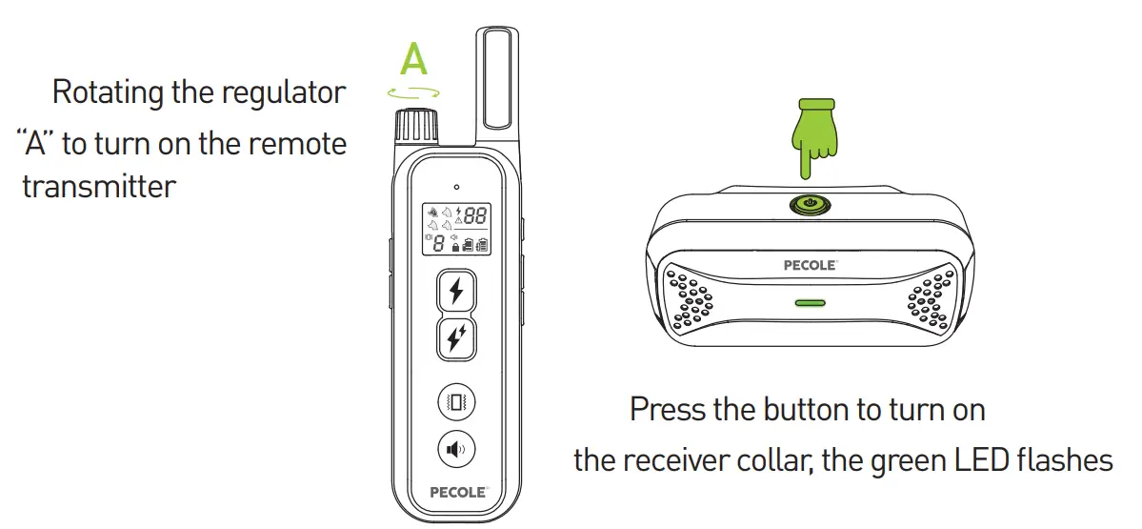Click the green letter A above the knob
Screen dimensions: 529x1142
coord(414,59)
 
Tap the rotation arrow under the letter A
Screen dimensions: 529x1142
coord(414,92)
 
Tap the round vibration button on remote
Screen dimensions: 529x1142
coord(456,401)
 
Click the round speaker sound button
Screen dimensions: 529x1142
coord(456,448)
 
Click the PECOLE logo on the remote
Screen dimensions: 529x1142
coord(456,493)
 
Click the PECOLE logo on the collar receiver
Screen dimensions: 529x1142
coord(810,265)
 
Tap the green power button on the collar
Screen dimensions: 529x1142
coord(808,203)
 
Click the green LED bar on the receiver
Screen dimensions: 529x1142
coord(810,303)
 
